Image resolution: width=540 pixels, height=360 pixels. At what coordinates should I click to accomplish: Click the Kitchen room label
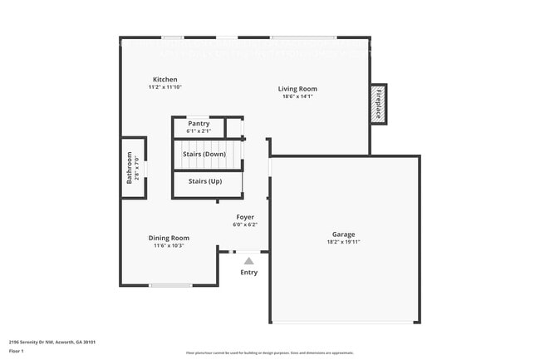164,79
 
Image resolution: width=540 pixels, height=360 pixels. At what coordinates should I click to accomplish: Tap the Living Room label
297,89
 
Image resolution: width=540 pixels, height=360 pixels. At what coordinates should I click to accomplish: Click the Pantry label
199,124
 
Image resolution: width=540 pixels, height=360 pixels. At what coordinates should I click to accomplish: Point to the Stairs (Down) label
204,154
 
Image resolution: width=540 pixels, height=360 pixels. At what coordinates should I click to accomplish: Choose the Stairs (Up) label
205,181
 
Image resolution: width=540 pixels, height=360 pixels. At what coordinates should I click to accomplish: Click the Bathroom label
130,167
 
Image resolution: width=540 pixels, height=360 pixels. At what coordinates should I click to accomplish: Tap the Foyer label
245,217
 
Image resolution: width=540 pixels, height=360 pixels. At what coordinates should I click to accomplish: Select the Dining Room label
169,238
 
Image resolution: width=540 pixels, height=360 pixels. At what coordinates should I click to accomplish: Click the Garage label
343,234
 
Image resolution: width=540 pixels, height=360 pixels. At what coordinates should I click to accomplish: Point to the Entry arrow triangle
249,260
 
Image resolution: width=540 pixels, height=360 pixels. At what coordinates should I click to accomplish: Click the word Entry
249,272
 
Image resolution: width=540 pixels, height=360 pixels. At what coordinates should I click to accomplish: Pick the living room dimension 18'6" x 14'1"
297,96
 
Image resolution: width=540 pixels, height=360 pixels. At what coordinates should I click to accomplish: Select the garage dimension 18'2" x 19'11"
343,242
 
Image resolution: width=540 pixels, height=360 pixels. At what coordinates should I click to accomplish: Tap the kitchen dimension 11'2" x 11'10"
164,86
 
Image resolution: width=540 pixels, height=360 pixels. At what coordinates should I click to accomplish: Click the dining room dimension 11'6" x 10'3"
169,245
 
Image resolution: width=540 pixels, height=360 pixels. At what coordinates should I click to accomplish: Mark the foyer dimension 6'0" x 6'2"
245,224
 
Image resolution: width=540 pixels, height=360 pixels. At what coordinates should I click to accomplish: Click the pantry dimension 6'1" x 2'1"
199,131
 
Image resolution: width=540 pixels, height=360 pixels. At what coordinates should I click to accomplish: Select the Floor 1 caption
16,352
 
